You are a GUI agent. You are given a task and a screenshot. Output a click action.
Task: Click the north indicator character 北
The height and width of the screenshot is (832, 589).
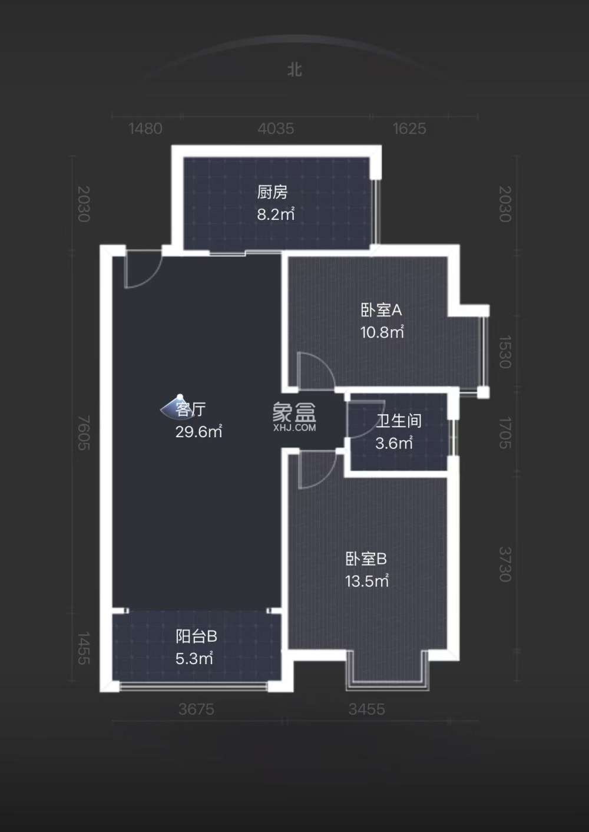294,70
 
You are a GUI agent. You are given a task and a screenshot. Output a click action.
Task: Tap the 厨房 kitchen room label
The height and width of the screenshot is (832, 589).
272,192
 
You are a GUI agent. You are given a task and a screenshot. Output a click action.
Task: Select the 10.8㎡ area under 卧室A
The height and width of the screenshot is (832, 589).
382,332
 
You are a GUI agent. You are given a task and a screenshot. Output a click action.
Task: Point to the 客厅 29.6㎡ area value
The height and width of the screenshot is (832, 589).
198,432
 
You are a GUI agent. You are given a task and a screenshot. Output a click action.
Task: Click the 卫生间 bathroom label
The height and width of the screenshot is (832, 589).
399,421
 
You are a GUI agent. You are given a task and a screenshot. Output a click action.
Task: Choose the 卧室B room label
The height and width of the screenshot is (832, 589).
366,559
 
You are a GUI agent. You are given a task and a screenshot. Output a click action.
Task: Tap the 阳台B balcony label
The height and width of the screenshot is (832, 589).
196,636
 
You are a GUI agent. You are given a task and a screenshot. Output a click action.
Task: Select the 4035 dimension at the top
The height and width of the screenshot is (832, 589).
276,128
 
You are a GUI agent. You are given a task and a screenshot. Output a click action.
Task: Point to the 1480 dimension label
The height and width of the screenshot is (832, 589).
145,128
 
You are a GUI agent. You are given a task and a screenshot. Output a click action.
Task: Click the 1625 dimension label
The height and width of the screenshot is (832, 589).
409,128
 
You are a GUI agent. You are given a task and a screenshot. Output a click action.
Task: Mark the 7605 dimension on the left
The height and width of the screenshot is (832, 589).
84,433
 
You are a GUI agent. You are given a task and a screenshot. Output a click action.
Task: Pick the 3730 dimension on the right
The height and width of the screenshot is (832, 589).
505,564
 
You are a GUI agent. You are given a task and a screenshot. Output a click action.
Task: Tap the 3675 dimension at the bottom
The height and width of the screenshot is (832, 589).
196,709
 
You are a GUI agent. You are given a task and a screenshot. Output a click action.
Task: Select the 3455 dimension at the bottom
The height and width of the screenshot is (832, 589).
366,709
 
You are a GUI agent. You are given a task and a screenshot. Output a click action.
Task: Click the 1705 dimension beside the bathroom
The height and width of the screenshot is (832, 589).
505,433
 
